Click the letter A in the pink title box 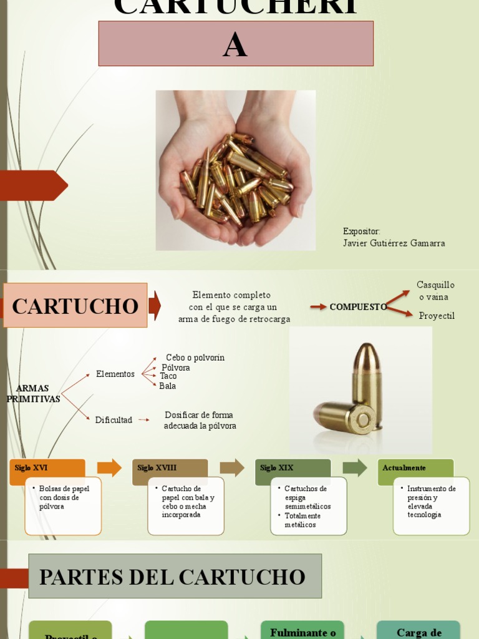(x=235, y=46)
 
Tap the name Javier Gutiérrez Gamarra (x=394, y=243)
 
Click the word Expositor (x=361, y=232)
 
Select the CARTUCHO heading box (x=75, y=306)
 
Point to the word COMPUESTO (x=358, y=307)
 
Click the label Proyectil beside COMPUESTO (x=437, y=316)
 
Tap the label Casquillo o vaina (x=435, y=291)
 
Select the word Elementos (x=115, y=374)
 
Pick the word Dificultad (x=114, y=420)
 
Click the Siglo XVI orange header (x=47, y=469)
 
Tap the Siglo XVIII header (x=170, y=469)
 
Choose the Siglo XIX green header (x=293, y=469)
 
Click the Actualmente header (x=415, y=469)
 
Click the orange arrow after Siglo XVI (x=109, y=467)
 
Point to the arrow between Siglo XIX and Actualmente (x=355, y=467)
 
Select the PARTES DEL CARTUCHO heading (x=175, y=577)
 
